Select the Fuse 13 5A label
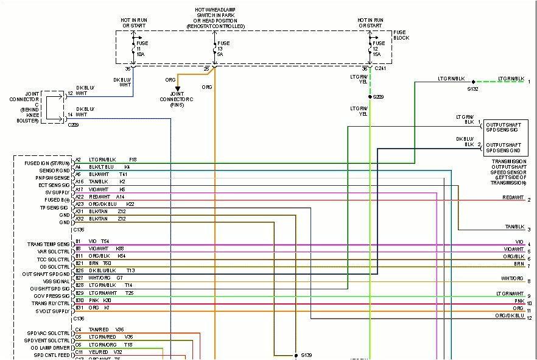[x=223, y=49]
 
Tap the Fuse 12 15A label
[x=379, y=49]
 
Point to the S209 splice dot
[x=370, y=96]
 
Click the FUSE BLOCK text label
[x=401, y=35]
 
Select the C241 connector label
[x=381, y=69]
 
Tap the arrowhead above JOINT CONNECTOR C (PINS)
[x=178, y=89]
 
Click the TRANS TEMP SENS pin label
[x=49, y=244]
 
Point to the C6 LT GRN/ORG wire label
[x=104, y=344]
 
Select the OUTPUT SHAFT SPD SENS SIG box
[x=502, y=127]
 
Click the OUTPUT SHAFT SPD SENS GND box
[x=502, y=147]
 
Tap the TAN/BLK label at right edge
[x=514, y=227]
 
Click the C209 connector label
[x=74, y=124]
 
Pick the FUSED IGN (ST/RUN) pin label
[x=47, y=163]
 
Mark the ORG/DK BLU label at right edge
[x=510, y=316]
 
